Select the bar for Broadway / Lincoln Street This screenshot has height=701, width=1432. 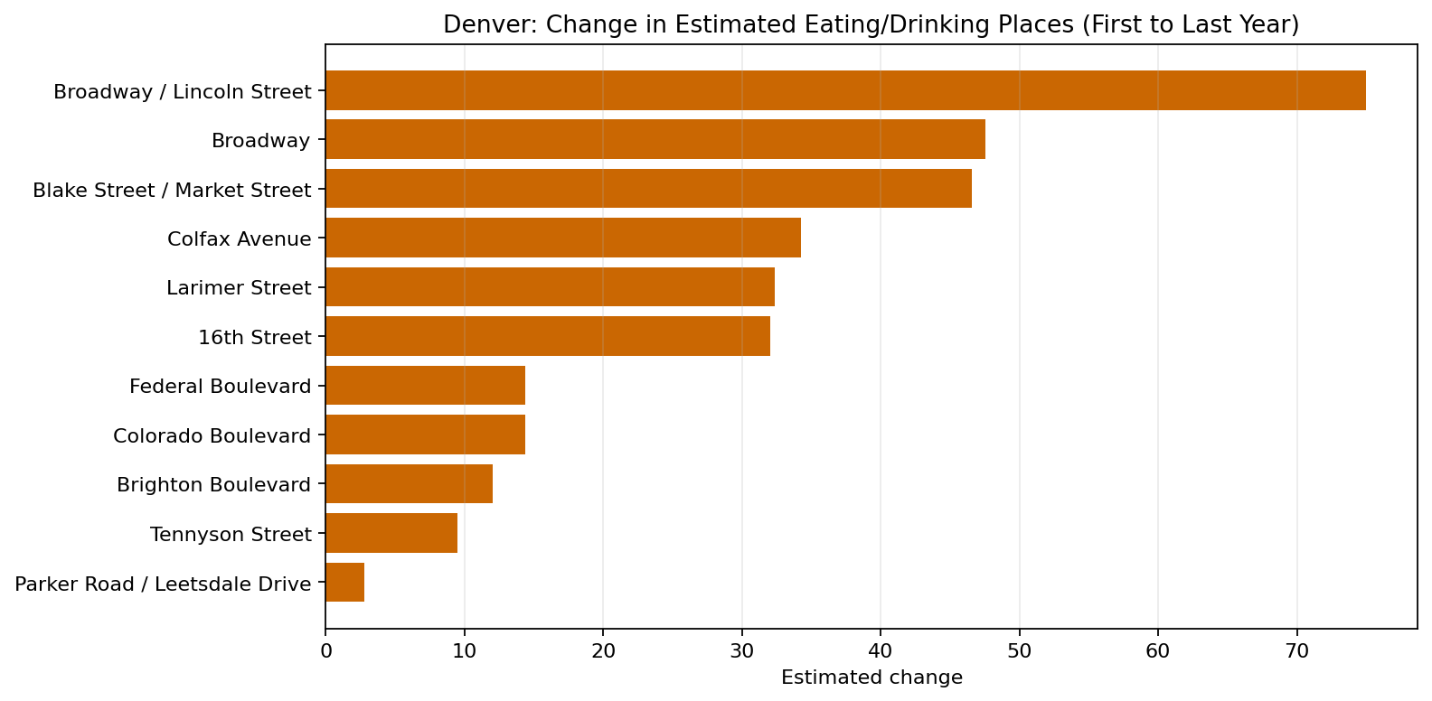[845, 90]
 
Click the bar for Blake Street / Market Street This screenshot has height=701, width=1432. [648, 189]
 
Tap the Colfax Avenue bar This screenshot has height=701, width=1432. [562, 238]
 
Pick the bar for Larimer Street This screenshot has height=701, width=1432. [550, 287]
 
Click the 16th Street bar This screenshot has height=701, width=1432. [547, 336]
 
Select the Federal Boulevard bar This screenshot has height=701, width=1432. [425, 386]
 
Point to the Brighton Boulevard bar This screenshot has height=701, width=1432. [409, 484]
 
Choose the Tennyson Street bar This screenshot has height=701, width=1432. [391, 533]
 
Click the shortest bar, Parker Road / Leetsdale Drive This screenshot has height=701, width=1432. [344, 583]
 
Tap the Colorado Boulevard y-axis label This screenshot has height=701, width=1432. [212, 435]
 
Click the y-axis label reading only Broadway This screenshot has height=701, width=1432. [260, 140]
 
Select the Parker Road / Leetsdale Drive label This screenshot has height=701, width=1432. [163, 584]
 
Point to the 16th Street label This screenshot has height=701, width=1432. [254, 337]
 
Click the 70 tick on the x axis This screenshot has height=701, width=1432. [1296, 650]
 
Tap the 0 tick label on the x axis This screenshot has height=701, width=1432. [325, 650]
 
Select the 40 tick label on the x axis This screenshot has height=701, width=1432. [881, 650]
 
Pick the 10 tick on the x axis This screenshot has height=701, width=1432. [464, 650]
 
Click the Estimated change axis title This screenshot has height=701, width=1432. [871, 678]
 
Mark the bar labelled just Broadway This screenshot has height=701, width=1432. [655, 140]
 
